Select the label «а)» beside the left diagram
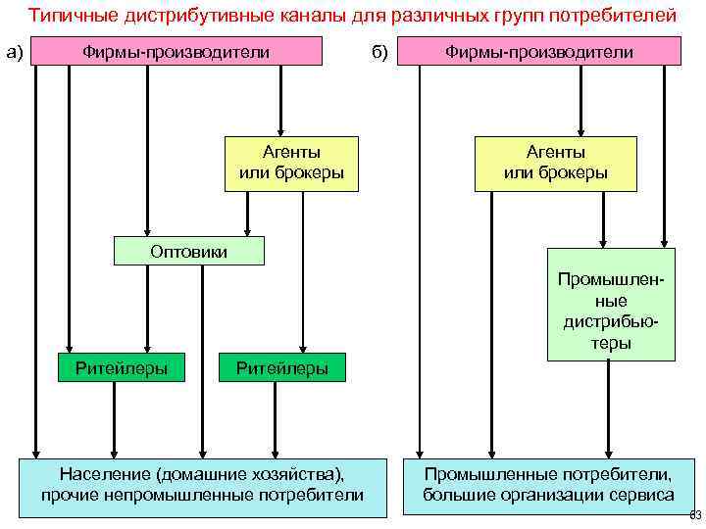pos(15,51)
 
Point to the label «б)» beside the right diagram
pos(380,51)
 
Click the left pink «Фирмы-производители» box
pos(176,51)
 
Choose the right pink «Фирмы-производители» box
pos(539,51)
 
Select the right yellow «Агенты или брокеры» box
pos(556,163)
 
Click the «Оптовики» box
pos(189,252)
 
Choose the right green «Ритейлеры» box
pos(281,368)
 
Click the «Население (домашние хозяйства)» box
pos(202,484)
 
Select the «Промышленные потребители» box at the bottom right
pos(548,484)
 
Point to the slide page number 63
pos(695,515)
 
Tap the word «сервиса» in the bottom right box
pos(642,495)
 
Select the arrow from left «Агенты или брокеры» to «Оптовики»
pos(247,214)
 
